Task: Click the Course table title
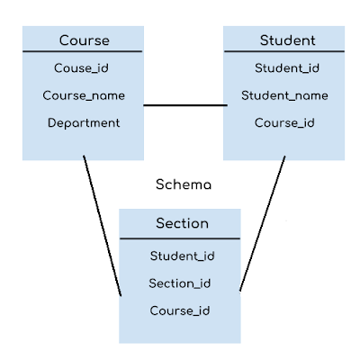(84, 40)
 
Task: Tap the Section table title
(181, 223)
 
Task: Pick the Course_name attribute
(84, 95)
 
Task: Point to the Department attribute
(84, 123)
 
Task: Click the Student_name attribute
(284, 95)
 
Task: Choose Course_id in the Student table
(284, 123)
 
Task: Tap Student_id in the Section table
(181, 256)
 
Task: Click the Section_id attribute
(181, 283)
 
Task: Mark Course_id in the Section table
(181, 311)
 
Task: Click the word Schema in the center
(184, 185)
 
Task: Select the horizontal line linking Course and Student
(184, 106)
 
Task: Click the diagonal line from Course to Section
(103, 227)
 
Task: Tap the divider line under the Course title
(84, 52)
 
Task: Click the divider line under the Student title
(284, 52)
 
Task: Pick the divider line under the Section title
(181, 238)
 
